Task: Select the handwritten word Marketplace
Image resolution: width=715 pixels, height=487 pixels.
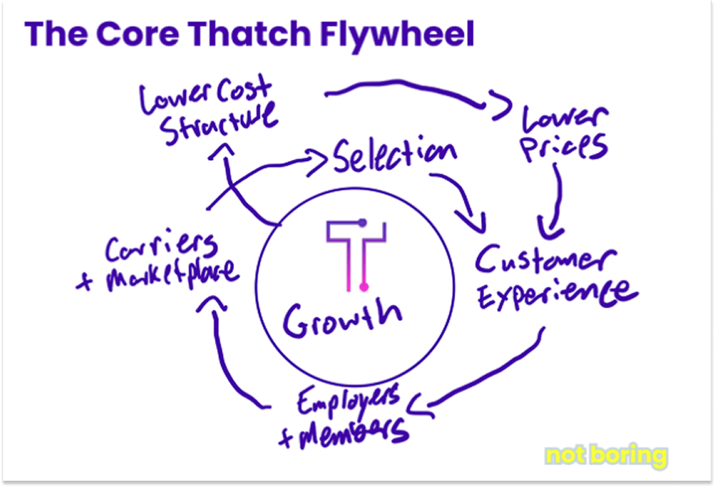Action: (x=161, y=276)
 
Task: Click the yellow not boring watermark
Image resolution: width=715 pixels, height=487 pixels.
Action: (x=606, y=455)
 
